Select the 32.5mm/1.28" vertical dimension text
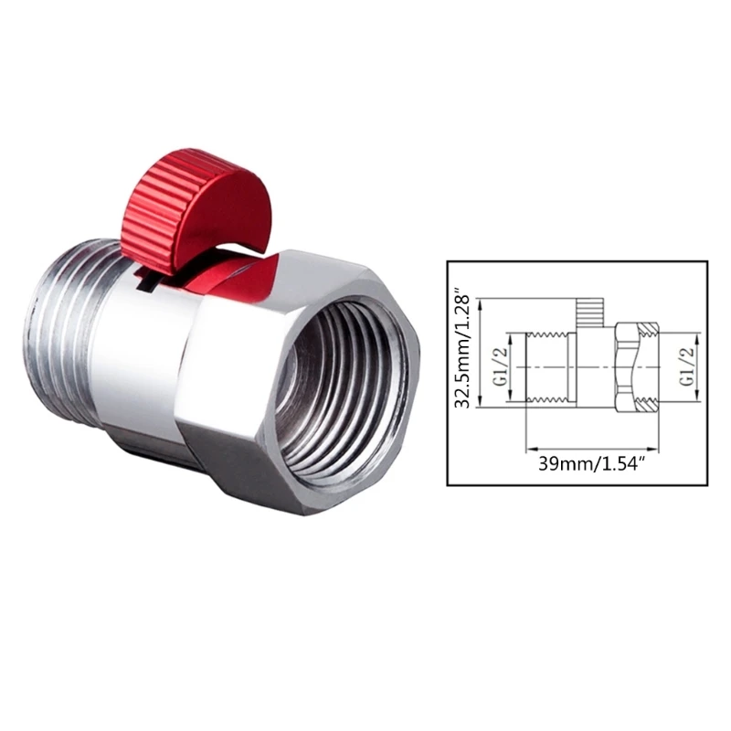click(x=465, y=353)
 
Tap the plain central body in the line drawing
click(x=589, y=365)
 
